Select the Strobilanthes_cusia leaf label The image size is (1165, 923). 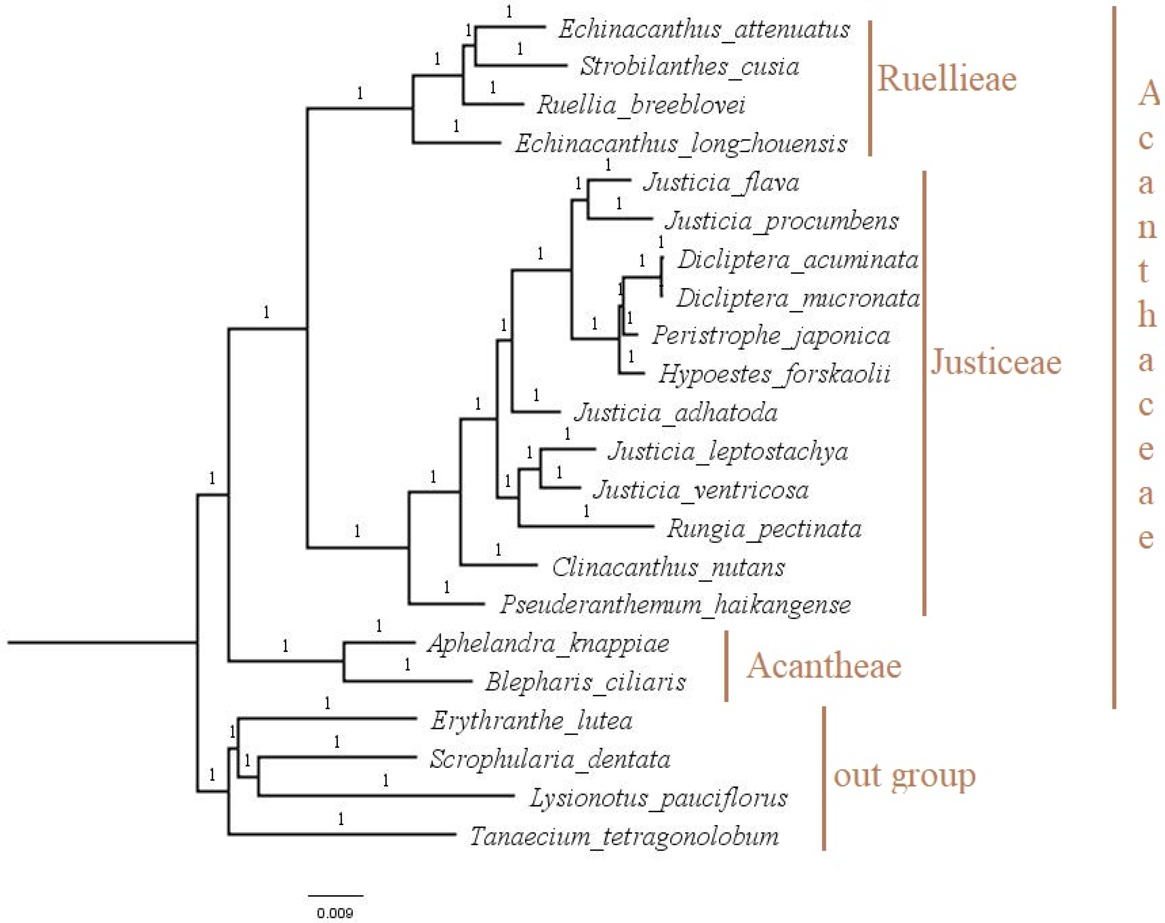pyautogui.click(x=689, y=67)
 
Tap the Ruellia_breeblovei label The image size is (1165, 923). pyautogui.click(x=641, y=105)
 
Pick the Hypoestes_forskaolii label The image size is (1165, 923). pyautogui.click(x=774, y=374)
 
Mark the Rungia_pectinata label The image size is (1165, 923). pyautogui.click(x=764, y=529)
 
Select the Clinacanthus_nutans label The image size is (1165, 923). pyautogui.click(x=668, y=567)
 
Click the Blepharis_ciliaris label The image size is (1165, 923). pyautogui.click(x=585, y=682)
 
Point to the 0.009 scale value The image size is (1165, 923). pyautogui.click(x=335, y=913)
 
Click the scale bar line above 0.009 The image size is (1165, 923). pyautogui.click(x=336, y=895)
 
